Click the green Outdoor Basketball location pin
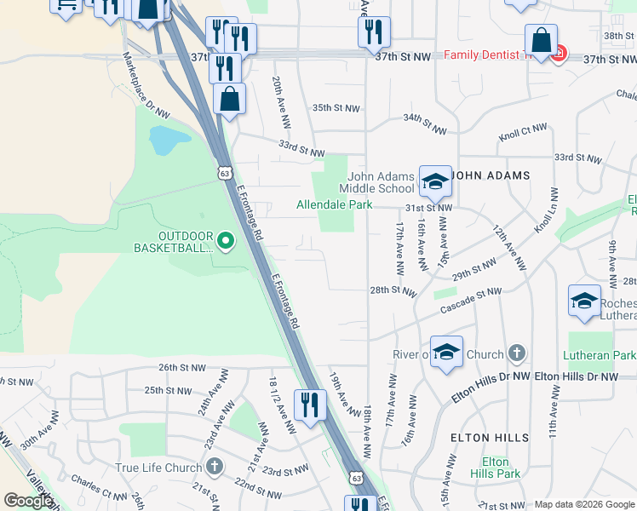(x=226, y=242)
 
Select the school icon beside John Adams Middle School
(x=434, y=181)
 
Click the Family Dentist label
(x=481, y=55)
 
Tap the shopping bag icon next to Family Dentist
(x=541, y=39)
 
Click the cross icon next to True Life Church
(x=214, y=467)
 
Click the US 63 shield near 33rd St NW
(x=224, y=172)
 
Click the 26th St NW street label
(x=181, y=367)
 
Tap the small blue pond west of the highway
(x=164, y=140)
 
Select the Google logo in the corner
(x=28, y=501)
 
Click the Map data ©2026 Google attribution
(x=584, y=504)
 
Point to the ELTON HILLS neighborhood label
(x=489, y=438)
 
